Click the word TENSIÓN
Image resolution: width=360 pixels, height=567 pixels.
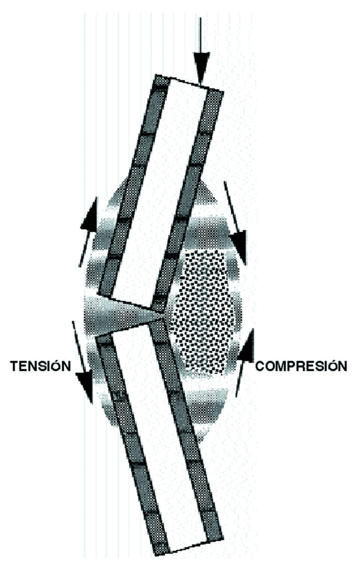(40, 366)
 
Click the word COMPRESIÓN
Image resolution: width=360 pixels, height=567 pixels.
(301, 366)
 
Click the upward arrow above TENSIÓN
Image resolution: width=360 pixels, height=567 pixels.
(89, 232)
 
